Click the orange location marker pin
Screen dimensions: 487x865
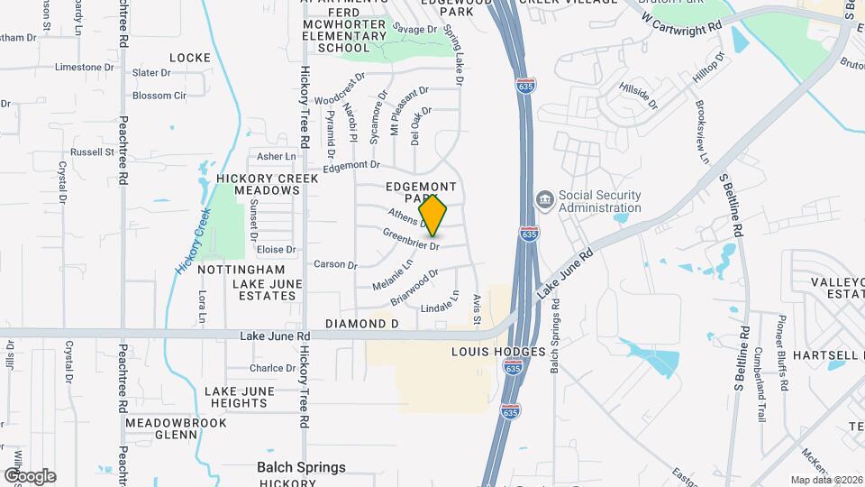(x=433, y=216)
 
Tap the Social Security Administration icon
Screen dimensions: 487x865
(x=544, y=198)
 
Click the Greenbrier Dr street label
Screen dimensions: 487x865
(x=411, y=239)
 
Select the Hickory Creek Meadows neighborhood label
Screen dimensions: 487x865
(x=268, y=184)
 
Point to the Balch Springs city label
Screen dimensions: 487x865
(x=301, y=467)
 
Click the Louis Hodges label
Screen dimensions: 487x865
(x=498, y=351)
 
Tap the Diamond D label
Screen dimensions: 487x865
(x=361, y=323)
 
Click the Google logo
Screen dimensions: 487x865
(x=30, y=476)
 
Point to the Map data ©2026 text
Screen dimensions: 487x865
(x=825, y=480)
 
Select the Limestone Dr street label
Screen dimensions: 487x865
(x=78, y=68)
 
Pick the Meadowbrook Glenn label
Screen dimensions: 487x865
(x=174, y=427)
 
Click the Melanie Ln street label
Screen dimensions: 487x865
(x=393, y=276)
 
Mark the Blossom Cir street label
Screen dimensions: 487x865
(x=159, y=96)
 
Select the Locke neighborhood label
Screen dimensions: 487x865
(x=189, y=58)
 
